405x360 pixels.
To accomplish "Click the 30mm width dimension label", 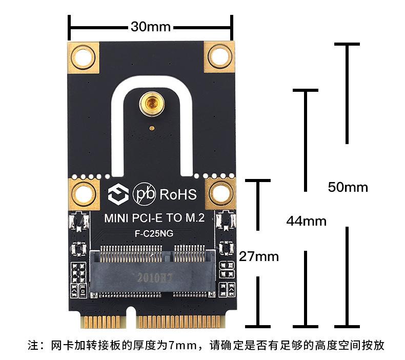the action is tap(151, 26).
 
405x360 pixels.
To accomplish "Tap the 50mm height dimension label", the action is tap(348, 187).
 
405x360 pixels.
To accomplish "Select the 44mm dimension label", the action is tap(307, 221).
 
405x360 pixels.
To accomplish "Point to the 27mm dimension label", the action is tap(259, 256).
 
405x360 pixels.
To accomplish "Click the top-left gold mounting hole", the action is tap(83, 57).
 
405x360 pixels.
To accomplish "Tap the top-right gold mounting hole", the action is tap(219, 56).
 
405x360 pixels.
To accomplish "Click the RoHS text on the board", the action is tap(178, 194).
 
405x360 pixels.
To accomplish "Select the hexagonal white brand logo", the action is tap(118, 194).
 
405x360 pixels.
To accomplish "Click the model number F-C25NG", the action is tap(154, 234).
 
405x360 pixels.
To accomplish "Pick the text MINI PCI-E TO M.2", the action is tap(154, 218).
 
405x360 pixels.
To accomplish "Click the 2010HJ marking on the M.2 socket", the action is tap(154, 278).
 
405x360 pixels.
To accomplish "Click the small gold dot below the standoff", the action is tap(152, 128).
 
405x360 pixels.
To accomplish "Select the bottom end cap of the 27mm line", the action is tap(258, 327).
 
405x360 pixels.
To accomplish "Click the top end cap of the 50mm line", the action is tap(347, 44).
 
